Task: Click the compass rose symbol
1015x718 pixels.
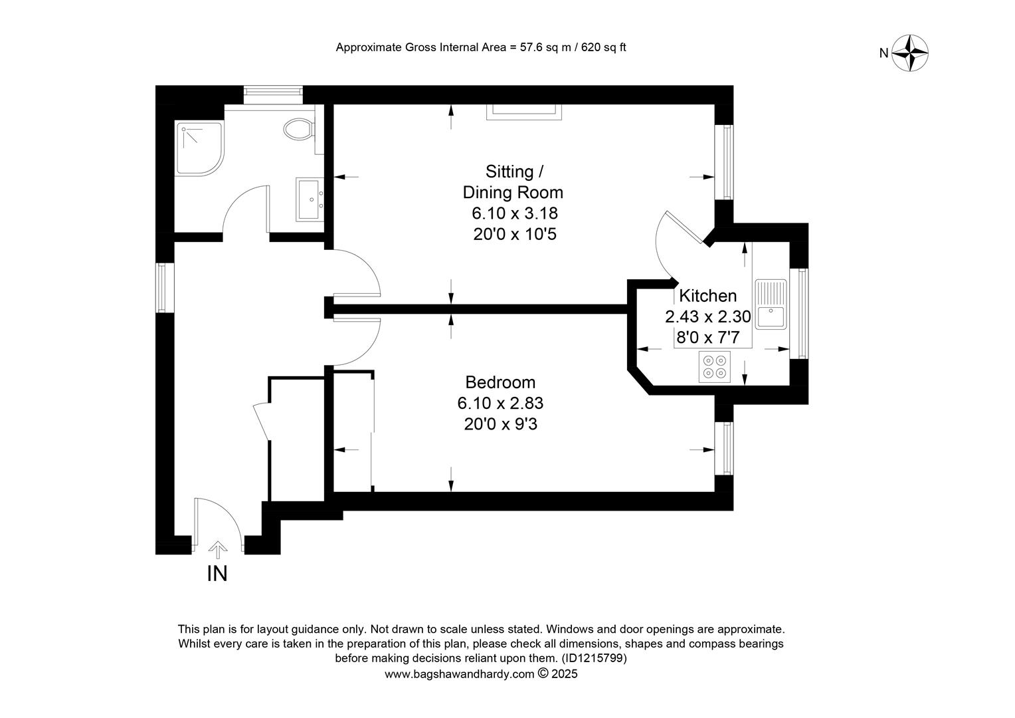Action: click(x=910, y=53)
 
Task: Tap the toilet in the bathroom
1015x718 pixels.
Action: click(x=299, y=129)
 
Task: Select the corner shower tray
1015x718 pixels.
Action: click(x=199, y=148)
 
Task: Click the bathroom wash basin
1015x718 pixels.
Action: click(x=310, y=199)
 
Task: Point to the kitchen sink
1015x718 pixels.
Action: click(x=771, y=304)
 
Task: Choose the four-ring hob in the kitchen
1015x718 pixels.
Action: click(x=715, y=367)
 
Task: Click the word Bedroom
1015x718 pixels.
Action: click(x=500, y=382)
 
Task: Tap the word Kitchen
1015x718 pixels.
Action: click(x=708, y=296)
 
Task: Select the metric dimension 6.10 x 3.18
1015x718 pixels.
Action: click(x=515, y=213)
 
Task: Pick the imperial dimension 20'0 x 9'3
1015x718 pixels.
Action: click(x=501, y=424)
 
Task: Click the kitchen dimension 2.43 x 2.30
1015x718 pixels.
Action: click(x=708, y=316)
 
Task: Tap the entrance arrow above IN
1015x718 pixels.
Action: click(x=218, y=550)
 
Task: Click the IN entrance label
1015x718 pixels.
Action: click(x=217, y=574)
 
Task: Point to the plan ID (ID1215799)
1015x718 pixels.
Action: click(x=594, y=658)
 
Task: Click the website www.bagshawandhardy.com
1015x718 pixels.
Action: click(x=460, y=674)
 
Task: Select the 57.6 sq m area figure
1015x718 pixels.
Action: click(x=545, y=47)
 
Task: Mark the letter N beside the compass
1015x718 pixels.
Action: click(x=883, y=53)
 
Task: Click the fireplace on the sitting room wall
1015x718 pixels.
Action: click(x=524, y=112)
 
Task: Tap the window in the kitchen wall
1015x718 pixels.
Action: click(x=800, y=313)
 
